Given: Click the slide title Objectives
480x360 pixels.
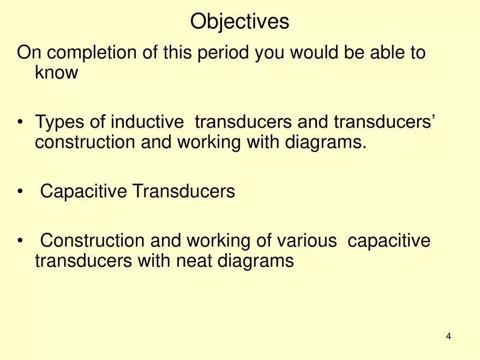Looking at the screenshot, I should pos(239,22).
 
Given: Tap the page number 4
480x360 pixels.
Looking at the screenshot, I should pos(448,336).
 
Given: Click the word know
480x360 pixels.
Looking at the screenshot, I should pos(56,73).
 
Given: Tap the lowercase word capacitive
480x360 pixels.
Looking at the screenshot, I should pos(388,241).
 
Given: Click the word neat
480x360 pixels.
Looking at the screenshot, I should pos(195,260).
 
